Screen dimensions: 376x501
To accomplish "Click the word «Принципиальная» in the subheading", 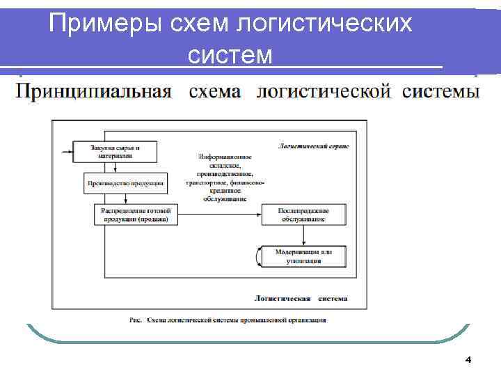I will tap(94, 92).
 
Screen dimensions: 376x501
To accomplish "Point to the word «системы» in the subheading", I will tap(440, 92).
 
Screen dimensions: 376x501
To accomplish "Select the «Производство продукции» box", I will tap(125, 183).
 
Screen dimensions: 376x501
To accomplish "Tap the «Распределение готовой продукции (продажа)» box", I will tap(135, 214).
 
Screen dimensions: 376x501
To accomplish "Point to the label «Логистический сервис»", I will tap(313, 146).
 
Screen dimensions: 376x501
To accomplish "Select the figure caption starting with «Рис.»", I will tap(227, 320).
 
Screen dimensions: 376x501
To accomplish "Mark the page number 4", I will tap(468, 360).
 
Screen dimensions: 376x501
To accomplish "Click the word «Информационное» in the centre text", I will tap(224, 157).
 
